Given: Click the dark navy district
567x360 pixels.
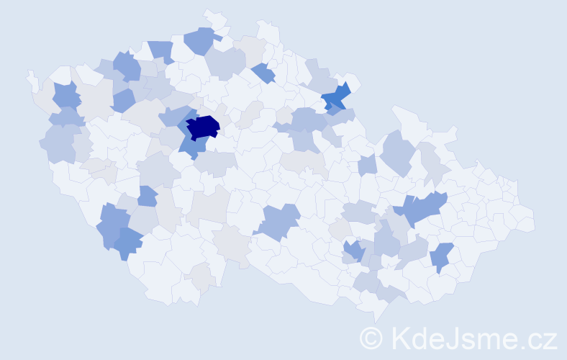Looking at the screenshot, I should pos(202,127).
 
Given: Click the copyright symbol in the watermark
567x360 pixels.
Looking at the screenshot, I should pos(371,337).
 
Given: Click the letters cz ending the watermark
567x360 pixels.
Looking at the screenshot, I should pos(542,338).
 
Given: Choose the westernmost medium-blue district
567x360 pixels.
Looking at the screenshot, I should pos(66,96).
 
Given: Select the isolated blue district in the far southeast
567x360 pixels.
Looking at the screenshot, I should pos(441,256).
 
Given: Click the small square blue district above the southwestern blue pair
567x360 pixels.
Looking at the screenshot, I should pos(147,196).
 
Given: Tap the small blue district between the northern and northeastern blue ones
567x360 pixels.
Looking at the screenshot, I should pos(264,72).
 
